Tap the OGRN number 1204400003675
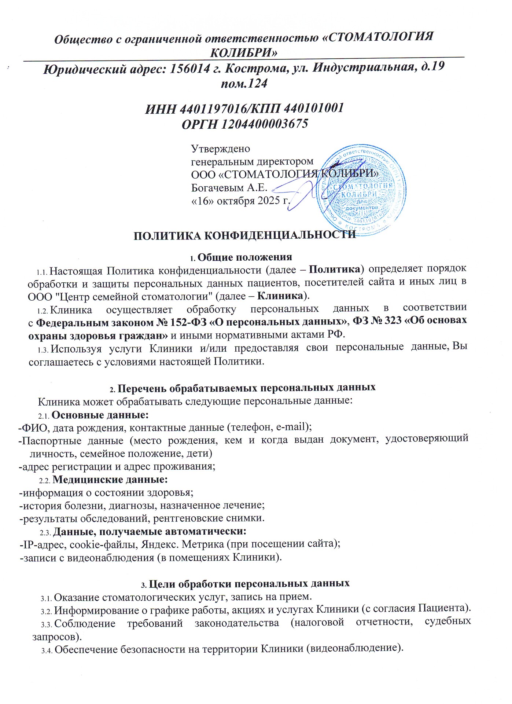coord(264,124)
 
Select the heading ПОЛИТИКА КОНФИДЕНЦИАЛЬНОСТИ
coord(244,235)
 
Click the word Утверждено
coord(221,149)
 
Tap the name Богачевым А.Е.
coord(229,188)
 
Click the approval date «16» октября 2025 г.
coord(241,201)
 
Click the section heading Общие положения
coord(244,257)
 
